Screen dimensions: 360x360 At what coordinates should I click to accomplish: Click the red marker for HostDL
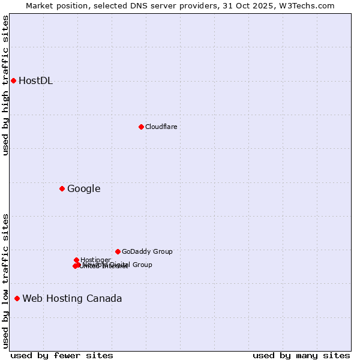click(x=13, y=80)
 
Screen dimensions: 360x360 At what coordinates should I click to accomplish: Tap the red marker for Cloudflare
click(x=141, y=127)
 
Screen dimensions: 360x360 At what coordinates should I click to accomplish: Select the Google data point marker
click(x=62, y=188)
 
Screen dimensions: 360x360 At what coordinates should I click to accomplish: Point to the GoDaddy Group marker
click(x=118, y=251)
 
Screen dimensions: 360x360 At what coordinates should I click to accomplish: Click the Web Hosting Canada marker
click(x=17, y=298)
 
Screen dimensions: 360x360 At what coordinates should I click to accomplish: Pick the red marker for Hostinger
click(x=76, y=260)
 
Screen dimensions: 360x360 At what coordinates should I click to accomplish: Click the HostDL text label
click(x=36, y=81)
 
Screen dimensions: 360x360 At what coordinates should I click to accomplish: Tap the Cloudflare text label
click(x=161, y=127)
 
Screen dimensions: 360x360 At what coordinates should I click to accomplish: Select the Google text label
click(x=83, y=189)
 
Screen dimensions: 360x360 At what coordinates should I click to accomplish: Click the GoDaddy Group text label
click(x=147, y=252)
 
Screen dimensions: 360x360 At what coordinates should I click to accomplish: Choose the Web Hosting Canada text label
click(x=72, y=299)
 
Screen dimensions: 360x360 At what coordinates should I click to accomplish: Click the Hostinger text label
click(x=95, y=260)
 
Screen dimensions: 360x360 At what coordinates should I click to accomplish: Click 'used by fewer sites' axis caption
click(x=62, y=355)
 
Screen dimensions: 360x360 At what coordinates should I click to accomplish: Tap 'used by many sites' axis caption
click(x=301, y=355)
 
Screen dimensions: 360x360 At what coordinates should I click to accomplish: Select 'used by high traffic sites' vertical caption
click(x=6, y=85)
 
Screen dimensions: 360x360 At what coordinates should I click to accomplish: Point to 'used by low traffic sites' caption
click(x=6, y=280)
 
